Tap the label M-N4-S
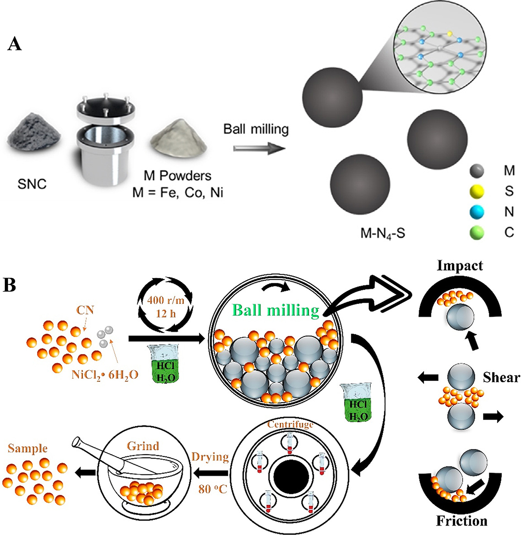(x=382, y=233)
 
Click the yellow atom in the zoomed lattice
(x=450, y=33)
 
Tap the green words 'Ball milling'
(x=275, y=310)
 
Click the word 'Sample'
(x=27, y=448)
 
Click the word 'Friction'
(x=461, y=521)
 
